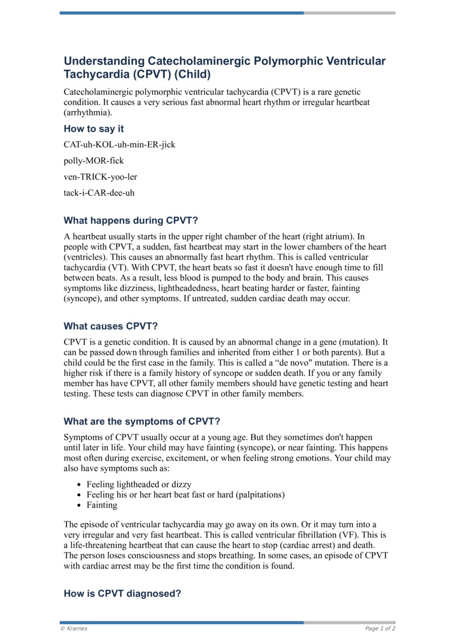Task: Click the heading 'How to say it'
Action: point(94,129)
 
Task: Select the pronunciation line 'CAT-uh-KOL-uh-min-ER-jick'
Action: point(119,145)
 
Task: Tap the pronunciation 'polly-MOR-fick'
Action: point(94,161)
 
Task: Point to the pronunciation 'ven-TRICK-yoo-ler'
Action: point(101,177)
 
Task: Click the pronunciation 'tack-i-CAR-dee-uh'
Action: point(100,193)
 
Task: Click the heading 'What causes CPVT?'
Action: point(111,326)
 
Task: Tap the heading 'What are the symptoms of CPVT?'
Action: point(142,421)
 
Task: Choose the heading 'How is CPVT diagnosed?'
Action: point(122,594)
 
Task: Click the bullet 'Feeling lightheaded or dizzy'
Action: point(139,484)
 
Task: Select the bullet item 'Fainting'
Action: point(102,505)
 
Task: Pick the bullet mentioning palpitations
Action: point(185,495)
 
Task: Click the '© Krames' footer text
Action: point(74,628)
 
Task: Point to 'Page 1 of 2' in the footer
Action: point(380,628)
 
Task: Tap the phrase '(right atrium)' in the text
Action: point(320,237)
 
